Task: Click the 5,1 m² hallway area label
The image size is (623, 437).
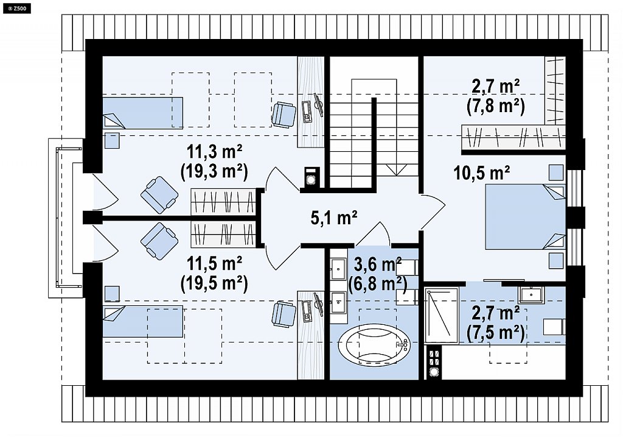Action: click(x=334, y=218)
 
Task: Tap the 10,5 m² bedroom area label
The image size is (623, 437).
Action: click(x=482, y=173)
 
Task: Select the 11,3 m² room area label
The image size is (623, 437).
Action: click(x=215, y=152)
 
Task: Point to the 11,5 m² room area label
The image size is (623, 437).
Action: click(x=215, y=263)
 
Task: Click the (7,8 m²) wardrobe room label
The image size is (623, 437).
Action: click(x=496, y=106)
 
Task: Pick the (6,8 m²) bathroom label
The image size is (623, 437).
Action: click(x=377, y=284)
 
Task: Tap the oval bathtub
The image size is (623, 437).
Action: click(x=374, y=344)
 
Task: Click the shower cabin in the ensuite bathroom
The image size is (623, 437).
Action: click(x=442, y=316)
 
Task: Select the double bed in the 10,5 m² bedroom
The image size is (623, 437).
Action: click(x=525, y=217)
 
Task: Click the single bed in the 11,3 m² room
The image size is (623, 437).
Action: click(x=142, y=113)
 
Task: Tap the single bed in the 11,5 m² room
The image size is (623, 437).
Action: click(x=142, y=321)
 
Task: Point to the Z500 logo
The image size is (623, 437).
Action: click(x=16, y=7)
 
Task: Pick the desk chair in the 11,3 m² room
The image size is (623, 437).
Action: click(x=284, y=115)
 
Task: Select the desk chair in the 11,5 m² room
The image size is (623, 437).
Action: click(x=284, y=314)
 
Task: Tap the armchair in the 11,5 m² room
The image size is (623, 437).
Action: click(x=159, y=241)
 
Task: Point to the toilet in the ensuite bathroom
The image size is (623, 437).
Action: click(x=554, y=327)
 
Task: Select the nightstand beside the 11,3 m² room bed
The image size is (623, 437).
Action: click(x=112, y=141)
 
